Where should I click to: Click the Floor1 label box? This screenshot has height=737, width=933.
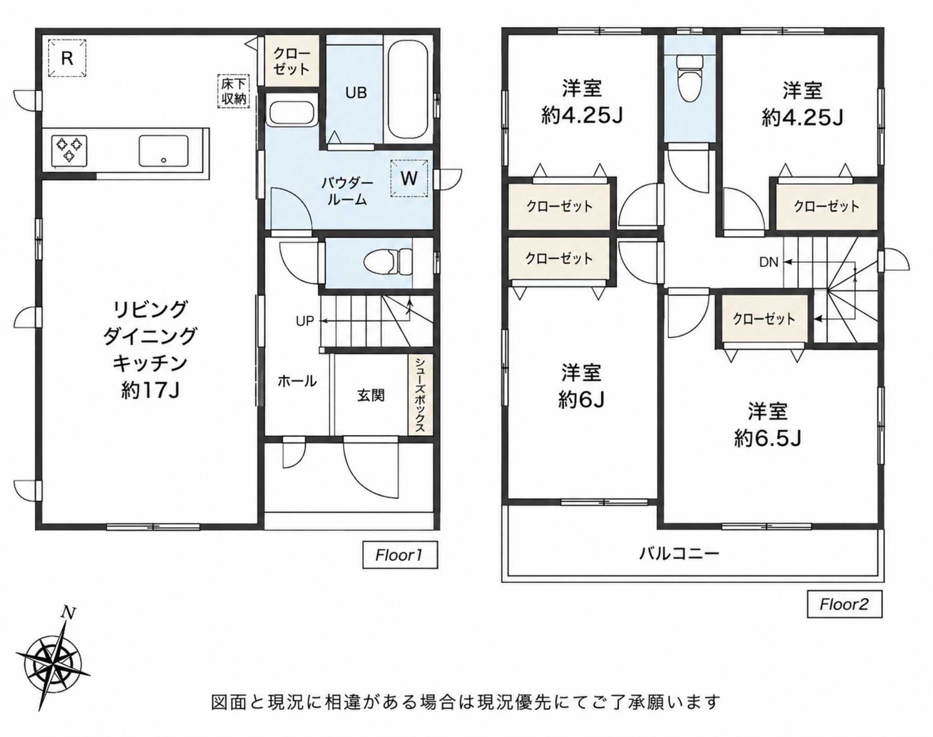pyautogui.click(x=400, y=555)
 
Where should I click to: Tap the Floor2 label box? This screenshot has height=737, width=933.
pyautogui.click(x=845, y=604)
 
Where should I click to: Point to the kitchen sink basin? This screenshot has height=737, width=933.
pyautogui.click(x=163, y=150)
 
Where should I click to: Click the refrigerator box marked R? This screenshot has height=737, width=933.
pyautogui.click(x=67, y=58)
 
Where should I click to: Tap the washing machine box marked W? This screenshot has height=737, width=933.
pyautogui.click(x=409, y=178)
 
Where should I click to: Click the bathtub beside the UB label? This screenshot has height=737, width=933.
pyautogui.click(x=408, y=89)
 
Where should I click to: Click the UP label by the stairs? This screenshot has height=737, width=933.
pyautogui.click(x=305, y=321)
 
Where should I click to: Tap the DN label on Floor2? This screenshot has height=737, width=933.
pyautogui.click(x=769, y=262)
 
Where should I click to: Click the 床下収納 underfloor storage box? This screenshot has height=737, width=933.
pyautogui.click(x=234, y=91)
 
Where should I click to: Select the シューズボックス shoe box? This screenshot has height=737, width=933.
pyautogui.click(x=420, y=395)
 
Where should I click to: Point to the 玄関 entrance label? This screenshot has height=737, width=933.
pyautogui.click(x=370, y=395)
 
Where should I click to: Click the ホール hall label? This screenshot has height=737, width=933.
pyautogui.click(x=297, y=381)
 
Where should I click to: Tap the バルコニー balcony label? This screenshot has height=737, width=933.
pyautogui.click(x=679, y=553)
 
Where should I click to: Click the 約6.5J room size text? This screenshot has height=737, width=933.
pyautogui.click(x=768, y=439)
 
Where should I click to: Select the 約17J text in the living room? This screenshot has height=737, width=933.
pyautogui.click(x=150, y=390)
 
